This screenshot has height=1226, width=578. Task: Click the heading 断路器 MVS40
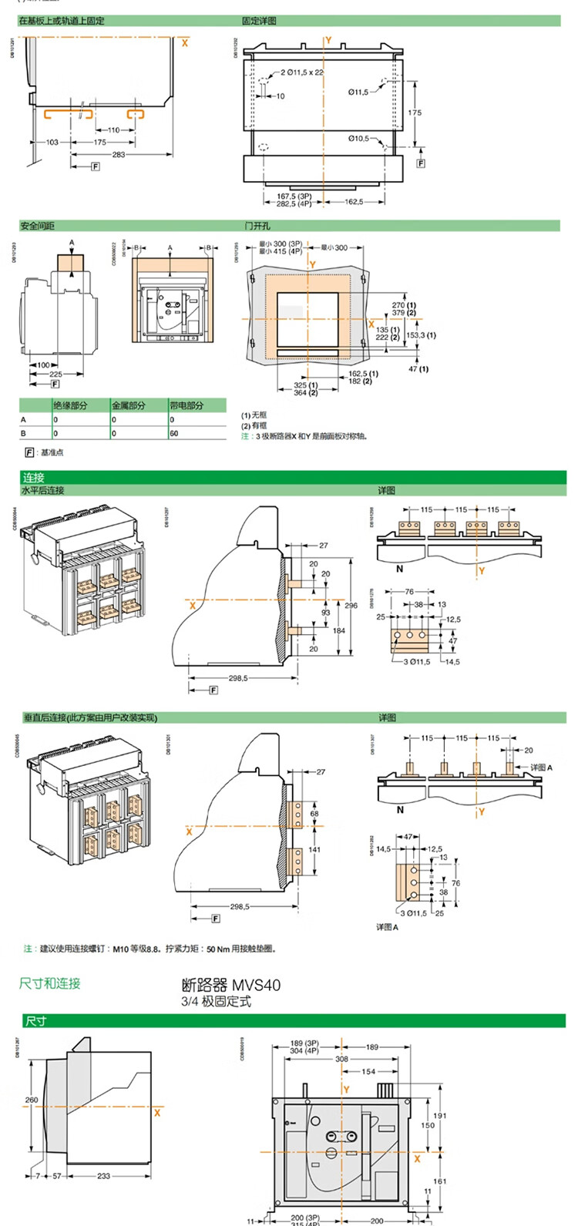tap(230, 986)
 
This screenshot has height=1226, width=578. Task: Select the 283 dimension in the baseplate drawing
tap(118, 155)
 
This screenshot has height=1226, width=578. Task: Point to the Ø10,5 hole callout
tap(358, 139)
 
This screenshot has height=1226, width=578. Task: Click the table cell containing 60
tap(174, 433)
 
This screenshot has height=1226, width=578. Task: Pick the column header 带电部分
tap(187, 405)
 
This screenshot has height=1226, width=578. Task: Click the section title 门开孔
tap(257, 226)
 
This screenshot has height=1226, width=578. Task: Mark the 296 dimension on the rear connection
tap(351, 606)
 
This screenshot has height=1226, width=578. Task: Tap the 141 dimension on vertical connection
tap(314, 849)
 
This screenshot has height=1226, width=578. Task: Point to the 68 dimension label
tap(314, 814)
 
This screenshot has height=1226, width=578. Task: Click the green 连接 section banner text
tap(34, 478)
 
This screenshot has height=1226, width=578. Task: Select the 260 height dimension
tap(32, 1100)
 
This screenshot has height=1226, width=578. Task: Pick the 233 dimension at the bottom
tap(103, 1176)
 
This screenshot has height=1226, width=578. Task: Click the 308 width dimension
tap(341, 1059)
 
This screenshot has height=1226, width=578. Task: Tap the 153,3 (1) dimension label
tap(420, 335)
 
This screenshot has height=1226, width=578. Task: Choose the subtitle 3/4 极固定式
tap(216, 1002)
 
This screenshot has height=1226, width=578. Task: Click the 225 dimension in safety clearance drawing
tap(55, 375)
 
